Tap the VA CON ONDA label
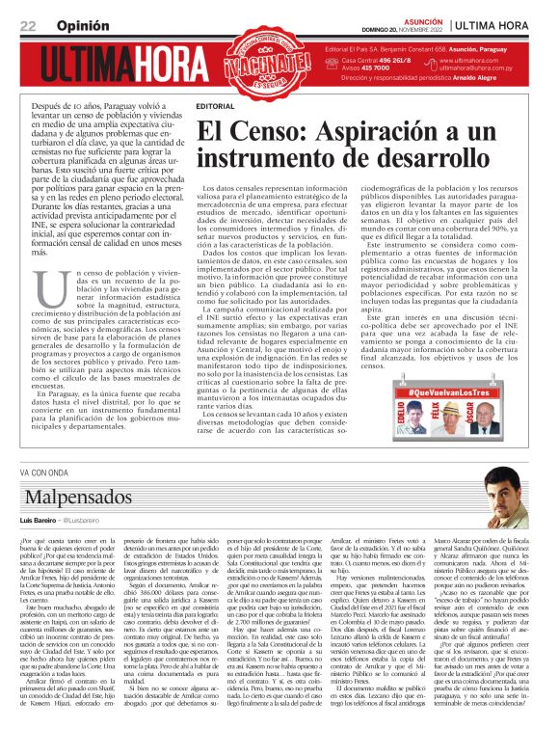43,472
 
